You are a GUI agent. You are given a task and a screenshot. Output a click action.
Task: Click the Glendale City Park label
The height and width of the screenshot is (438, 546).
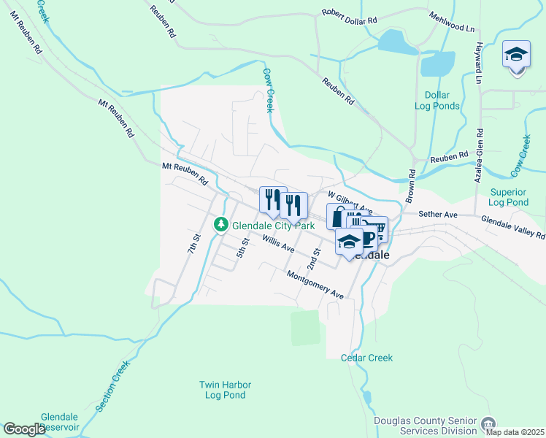(273, 226)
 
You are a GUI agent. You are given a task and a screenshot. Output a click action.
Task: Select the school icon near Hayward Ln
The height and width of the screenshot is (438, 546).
(516, 55)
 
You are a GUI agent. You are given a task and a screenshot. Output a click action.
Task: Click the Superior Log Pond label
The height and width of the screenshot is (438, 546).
(509, 197)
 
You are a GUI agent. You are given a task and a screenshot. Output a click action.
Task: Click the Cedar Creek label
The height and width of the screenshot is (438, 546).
(366, 358)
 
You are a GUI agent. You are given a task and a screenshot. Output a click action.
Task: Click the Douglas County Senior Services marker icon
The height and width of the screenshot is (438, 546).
(487, 422)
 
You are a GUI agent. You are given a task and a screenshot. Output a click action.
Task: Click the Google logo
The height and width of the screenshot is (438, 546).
(24, 429)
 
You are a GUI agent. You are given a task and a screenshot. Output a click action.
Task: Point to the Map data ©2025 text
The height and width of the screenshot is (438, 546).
(515, 432)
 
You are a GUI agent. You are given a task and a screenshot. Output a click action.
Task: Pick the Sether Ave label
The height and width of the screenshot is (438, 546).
(437, 215)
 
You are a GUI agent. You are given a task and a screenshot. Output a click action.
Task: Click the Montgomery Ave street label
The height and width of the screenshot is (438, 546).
(315, 285)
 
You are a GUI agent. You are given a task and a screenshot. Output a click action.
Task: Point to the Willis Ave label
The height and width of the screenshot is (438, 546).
(279, 245)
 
